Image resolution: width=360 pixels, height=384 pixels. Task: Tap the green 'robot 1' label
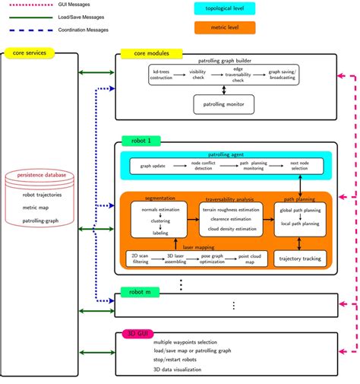point(139,141)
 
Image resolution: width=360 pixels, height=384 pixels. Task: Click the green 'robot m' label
point(140,292)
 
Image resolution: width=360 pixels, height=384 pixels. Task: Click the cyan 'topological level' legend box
point(225,9)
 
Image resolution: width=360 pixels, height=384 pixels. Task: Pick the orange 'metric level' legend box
point(225,28)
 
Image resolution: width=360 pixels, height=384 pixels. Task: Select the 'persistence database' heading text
point(43,175)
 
